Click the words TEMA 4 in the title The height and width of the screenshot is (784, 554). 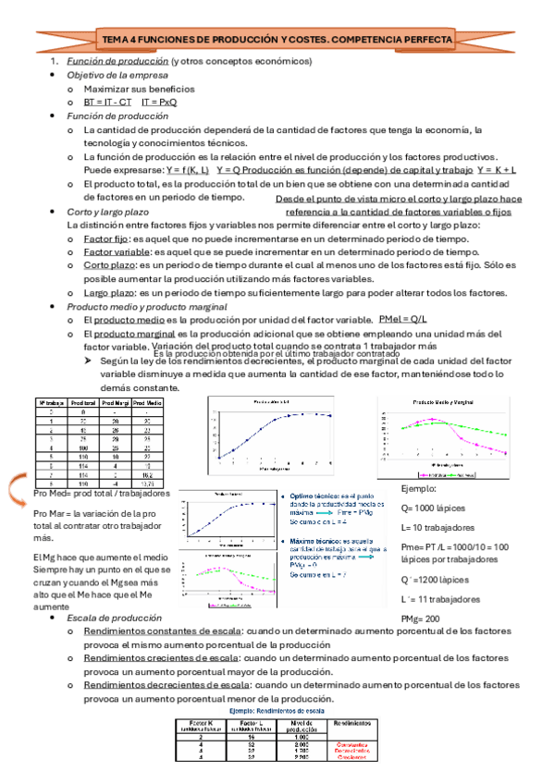click(121, 41)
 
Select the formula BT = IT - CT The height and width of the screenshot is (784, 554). click(107, 102)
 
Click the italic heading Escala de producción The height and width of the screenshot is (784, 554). click(109, 618)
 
